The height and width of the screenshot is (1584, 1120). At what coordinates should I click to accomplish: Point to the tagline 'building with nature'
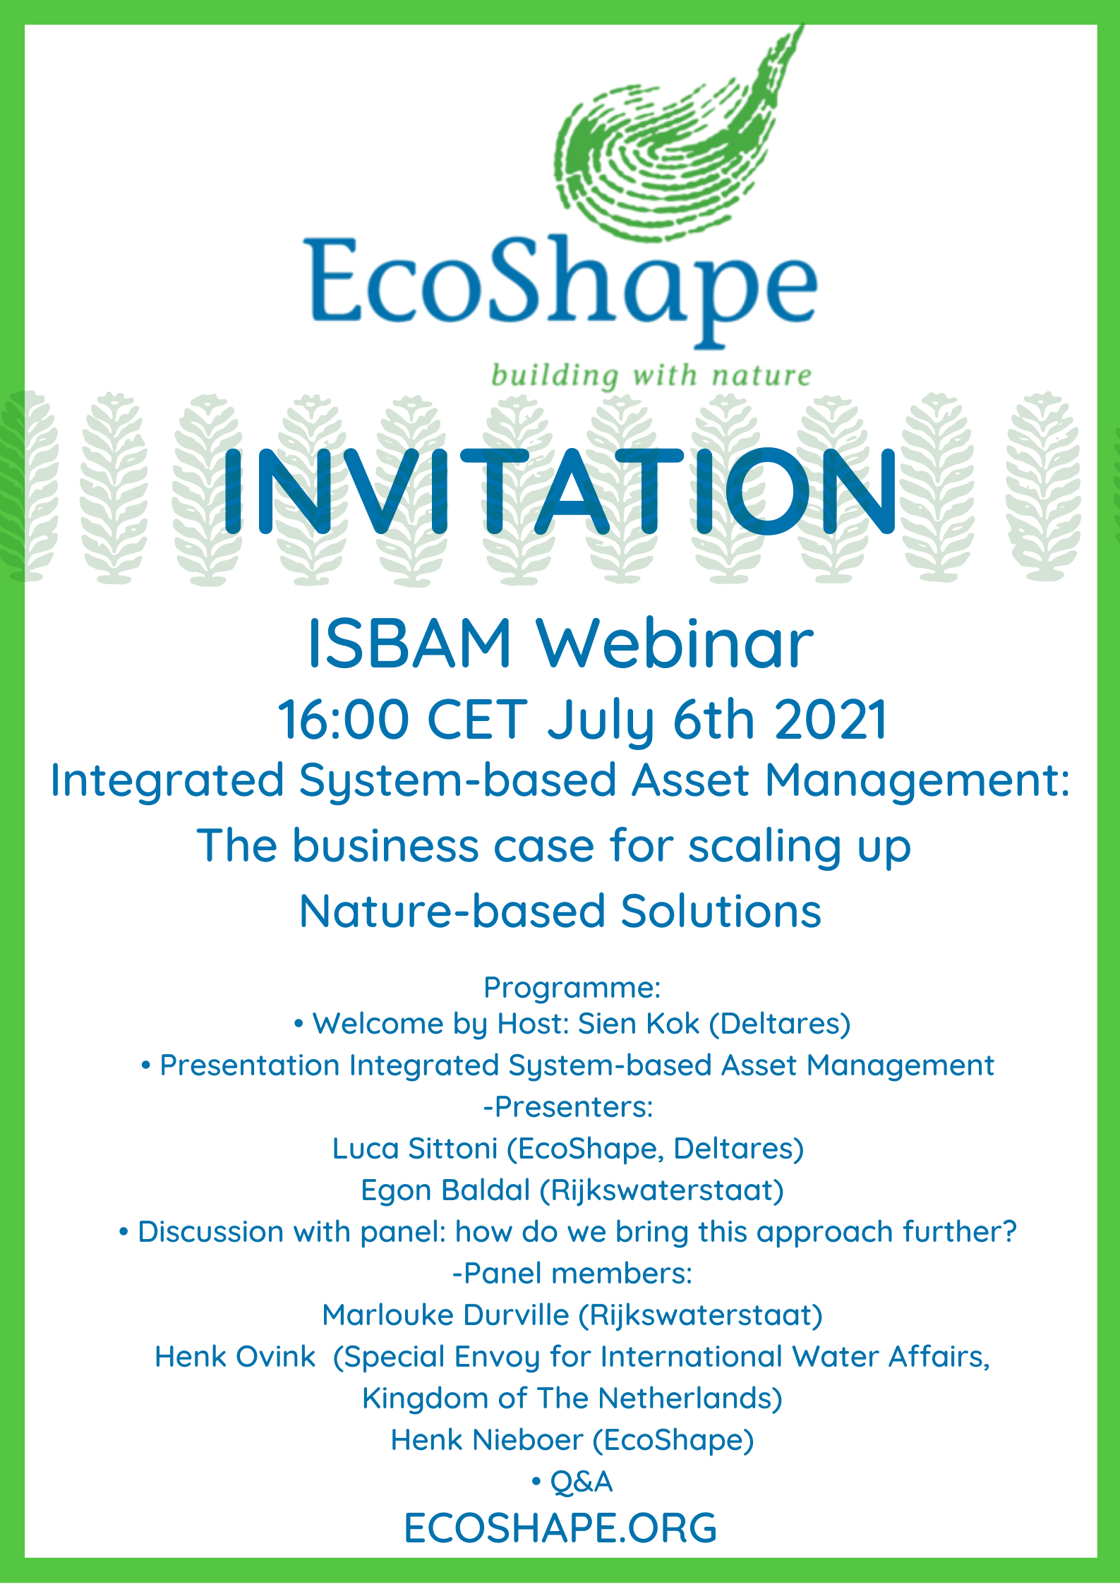[651, 375]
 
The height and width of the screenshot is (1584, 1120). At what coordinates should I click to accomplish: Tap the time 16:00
[343, 720]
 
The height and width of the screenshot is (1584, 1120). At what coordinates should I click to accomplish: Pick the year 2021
[831, 720]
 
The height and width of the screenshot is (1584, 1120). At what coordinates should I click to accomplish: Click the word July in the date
[601, 721]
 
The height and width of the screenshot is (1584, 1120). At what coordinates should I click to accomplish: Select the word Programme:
[572, 988]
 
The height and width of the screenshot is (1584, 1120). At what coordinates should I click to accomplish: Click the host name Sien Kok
[639, 1024]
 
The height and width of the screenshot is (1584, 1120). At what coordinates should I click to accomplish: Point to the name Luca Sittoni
[415, 1148]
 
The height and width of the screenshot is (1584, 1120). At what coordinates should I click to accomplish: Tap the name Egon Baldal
[445, 1190]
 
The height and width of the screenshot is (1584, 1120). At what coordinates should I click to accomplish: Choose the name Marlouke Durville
[445, 1314]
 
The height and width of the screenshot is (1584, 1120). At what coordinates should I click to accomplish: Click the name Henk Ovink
[235, 1356]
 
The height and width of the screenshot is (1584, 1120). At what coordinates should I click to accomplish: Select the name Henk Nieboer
[487, 1439]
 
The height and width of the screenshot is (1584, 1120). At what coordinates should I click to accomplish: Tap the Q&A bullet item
[572, 1482]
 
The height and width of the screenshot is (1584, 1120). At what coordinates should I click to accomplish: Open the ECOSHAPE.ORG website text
[560, 1528]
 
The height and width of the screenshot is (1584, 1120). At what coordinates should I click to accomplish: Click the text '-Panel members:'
[572, 1273]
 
